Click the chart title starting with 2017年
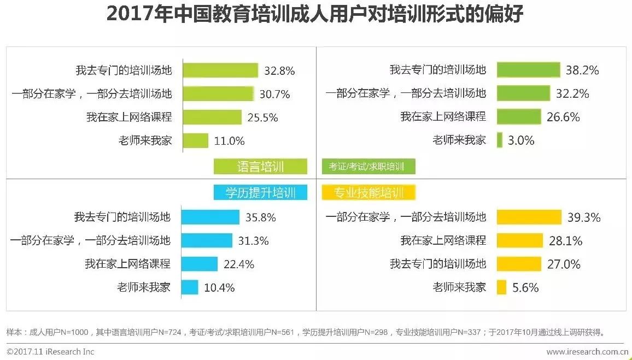point(315,15)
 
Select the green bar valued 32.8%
point(220,70)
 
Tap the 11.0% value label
point(229,141)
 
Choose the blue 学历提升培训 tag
point(260,192)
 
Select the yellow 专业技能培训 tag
point(369,192)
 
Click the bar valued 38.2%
point(528,70)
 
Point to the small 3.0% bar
point(499,140)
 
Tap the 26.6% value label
point(563,117)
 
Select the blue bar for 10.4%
point(189,287)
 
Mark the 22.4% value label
point(239,264)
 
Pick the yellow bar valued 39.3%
point(529,217)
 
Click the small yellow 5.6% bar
point(501,287)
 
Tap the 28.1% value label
point(565,241)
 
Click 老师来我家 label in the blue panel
point(144,287)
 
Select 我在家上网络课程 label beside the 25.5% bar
point(129,117)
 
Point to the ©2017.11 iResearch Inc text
point(50,351)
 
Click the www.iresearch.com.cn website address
point(587,351)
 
